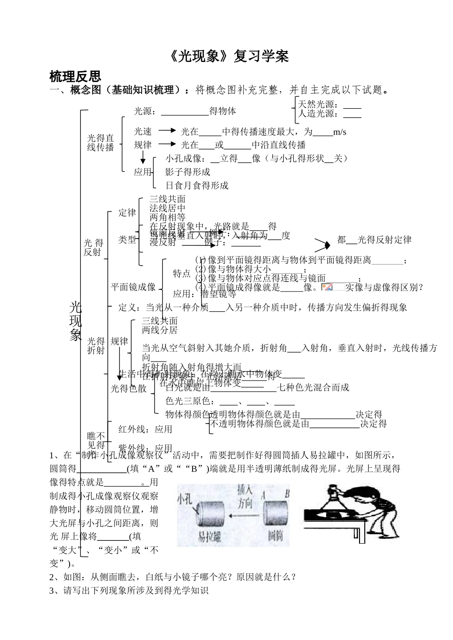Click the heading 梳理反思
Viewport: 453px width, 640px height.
[75, 76]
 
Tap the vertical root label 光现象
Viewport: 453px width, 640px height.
[75, 321]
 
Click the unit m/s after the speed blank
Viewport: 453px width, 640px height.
[340, 132]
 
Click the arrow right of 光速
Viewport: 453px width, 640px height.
[167, 130]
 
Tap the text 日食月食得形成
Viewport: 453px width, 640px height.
[197, 185]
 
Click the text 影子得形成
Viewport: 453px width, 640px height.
[188, 172]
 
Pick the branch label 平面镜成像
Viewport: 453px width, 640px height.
[134, 287]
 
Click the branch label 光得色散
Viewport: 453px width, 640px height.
[129, 388]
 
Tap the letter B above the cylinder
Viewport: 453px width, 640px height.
[287, 494]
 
